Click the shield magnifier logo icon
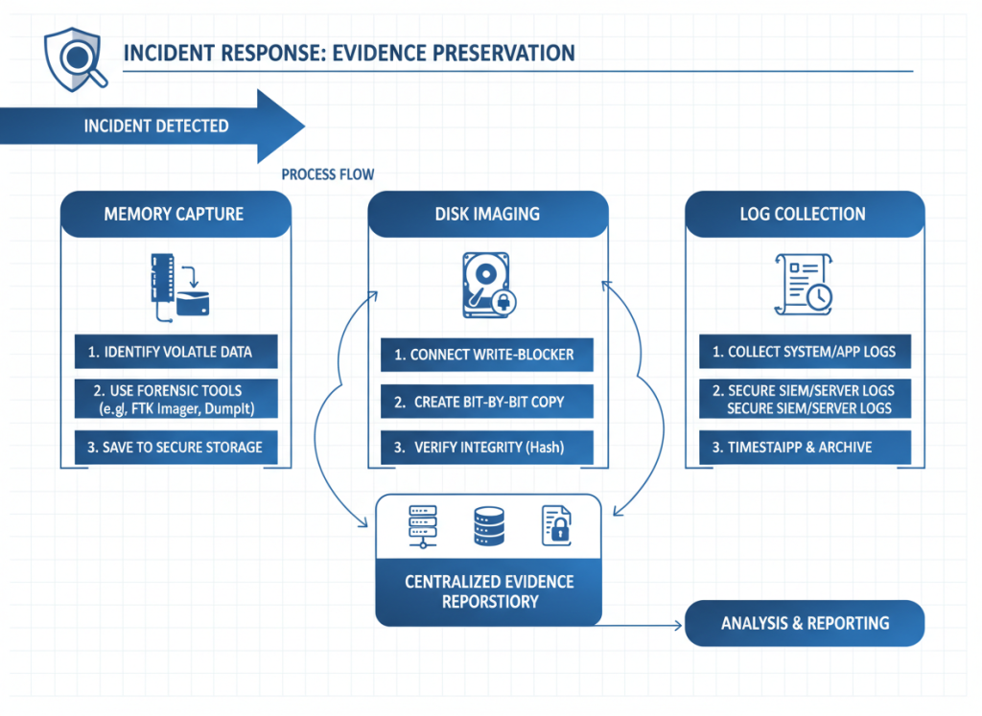click(x=72, y=57)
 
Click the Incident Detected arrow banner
click(x=153, y=127)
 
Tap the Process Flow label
click(x=328, y=174)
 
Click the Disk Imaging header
click(x=487, y=214)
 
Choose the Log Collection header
click(x=803, y=214)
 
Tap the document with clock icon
click(x=803, y=284)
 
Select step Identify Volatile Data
click(x=175, y=352)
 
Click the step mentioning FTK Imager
click(x=175, y=400)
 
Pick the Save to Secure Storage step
click(x=175, y=448)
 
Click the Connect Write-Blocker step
click(x=485, y=355)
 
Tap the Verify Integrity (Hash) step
click(x=485, y=448)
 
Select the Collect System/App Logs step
click(x=804, y=352)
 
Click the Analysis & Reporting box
click(x=805, y=623)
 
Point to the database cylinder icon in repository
click(x=488, y=525)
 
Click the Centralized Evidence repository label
click(x=488, y=591)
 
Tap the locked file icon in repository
click(x=556, y=525)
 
